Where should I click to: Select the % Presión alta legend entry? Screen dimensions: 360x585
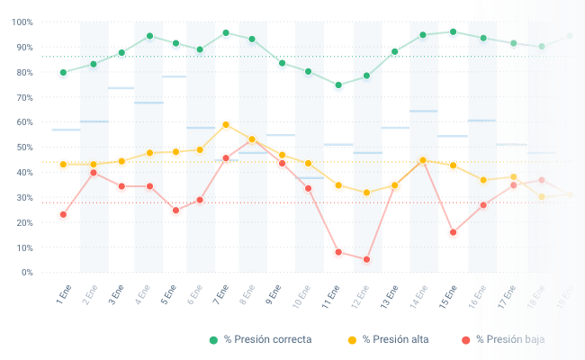click(389, 339)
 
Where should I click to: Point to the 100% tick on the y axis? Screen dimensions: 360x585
click(23, 22)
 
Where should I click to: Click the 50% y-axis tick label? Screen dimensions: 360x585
click(25, 147)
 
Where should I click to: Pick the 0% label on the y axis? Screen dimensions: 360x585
click(28, 272)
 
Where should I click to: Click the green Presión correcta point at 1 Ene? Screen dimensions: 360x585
click(63, 73)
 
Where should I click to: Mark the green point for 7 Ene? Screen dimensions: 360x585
click(226, 34)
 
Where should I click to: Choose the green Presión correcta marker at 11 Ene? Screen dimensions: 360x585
click(338, 85)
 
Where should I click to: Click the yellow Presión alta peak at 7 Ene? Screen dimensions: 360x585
click(226, 125)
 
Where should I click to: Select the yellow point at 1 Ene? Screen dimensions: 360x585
click(63, 165)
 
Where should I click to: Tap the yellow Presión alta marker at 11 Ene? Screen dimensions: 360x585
click(338, 186)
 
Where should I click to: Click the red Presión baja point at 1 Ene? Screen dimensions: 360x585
click(63, 215)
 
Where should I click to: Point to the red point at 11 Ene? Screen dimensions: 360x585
click(338, 253)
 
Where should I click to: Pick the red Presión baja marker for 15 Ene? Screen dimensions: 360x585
click(453, 233)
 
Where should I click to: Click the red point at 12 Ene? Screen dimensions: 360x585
click(366, 259)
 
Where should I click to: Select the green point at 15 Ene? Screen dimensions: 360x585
click(453, 32)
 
